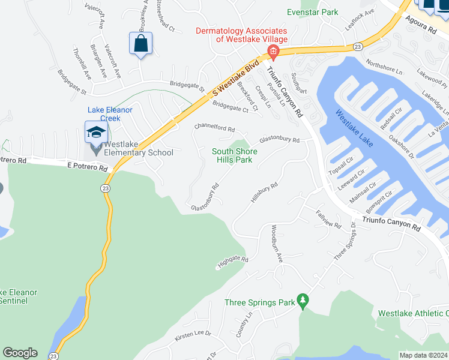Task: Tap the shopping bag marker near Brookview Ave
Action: coord(140,44)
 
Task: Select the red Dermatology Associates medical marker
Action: coord(273,52)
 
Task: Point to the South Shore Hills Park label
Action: coord(235,155)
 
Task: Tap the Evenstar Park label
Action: coord(312,12)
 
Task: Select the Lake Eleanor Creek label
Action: coord(110,114)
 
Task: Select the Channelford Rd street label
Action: coord(214,128)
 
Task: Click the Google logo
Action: coord(20,353)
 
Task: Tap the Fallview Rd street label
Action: coord(328,219)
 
